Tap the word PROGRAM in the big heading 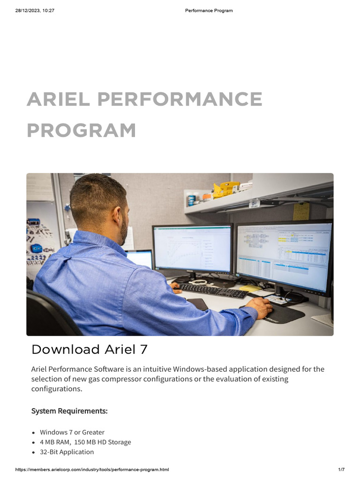coord(81,130)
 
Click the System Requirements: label coord(69,411)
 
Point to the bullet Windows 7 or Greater coord(72,432)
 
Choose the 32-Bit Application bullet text coord(67,452)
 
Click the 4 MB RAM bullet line coord(85,442)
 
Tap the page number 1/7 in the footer coord(341,470)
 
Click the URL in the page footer coord(92,470)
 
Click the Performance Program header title coord(209,10)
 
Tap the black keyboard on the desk coord(214,291)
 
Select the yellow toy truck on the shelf coord(226,189)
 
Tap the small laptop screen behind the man coord(139,259)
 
